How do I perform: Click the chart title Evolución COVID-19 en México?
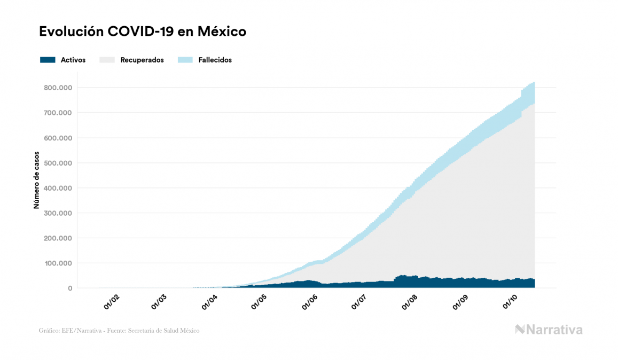pyautogui.click(x=143, y=32)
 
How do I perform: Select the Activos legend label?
pyautogui.click(x=73, y=60)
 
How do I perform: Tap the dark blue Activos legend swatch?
pyautogui.click(x=48, y=60)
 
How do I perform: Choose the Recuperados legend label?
pyautogui.click(x=142, y=60)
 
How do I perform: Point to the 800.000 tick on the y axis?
pyautogui.click(x=59, y=88)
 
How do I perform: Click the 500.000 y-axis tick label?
pyautogui.click(x=59, y=163)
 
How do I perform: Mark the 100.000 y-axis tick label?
pyautogui.click(x=59, y=263)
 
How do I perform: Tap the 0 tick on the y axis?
pyautogui.click(x=70, y=288)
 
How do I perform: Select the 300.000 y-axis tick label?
pyautogui.click(x=59, y=213)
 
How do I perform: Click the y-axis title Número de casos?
pyautogui.click(x=37, y=183)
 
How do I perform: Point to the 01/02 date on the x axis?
pyautogui.click(x=111, y=303)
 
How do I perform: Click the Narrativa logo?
pyautogui.click(x=549, y=330)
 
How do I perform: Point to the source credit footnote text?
pyautogui.click(x=119, y=331)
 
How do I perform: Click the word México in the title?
pyautogui.click(x=222, y=32)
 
